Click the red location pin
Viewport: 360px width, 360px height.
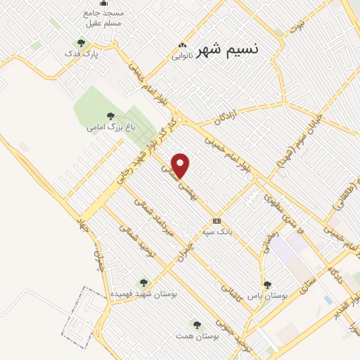click(181, 165)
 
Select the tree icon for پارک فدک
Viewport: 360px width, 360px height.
click(82, 44)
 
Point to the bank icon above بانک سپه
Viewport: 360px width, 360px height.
click(217, 220)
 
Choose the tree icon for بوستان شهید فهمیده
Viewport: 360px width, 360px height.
click(143, 283)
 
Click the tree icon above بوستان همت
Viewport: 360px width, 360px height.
click(196, 325)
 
